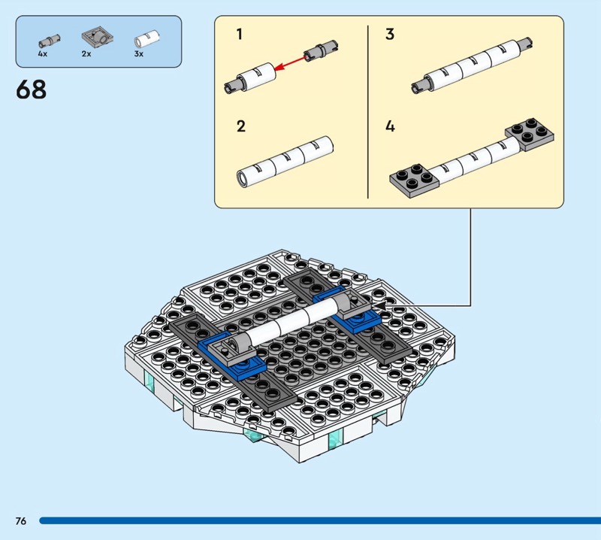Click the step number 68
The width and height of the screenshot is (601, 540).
[x=31, y=89]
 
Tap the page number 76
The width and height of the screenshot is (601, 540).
[x=21, y=520]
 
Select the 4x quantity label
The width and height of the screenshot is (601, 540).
[x=43, y=54]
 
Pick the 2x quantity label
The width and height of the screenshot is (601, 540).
[x=86, y=54]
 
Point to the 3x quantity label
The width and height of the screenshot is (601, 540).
[x=139, y=54]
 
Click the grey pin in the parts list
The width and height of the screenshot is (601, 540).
[x=50, y=41]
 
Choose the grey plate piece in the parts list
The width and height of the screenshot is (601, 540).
[x=98, y=37]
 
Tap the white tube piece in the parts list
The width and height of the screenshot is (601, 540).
[x=146, y=39]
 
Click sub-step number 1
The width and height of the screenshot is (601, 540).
[x=240, y=34]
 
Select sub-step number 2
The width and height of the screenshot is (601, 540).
[x=240, y=126]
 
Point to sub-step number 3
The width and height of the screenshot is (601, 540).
[x=390, y=34]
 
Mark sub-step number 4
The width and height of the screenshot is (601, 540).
[x=390, y=126]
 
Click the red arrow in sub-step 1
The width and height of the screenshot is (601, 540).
[x=292, y=63]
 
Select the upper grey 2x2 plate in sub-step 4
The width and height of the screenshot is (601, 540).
[x=530, y=134]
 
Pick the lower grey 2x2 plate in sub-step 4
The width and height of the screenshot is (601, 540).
[x=415, y=180]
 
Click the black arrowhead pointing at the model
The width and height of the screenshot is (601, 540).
[x=380, y=305]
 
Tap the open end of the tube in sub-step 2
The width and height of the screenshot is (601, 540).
[x=243, y=178]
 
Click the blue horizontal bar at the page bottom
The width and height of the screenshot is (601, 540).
[x=320, y=520]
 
